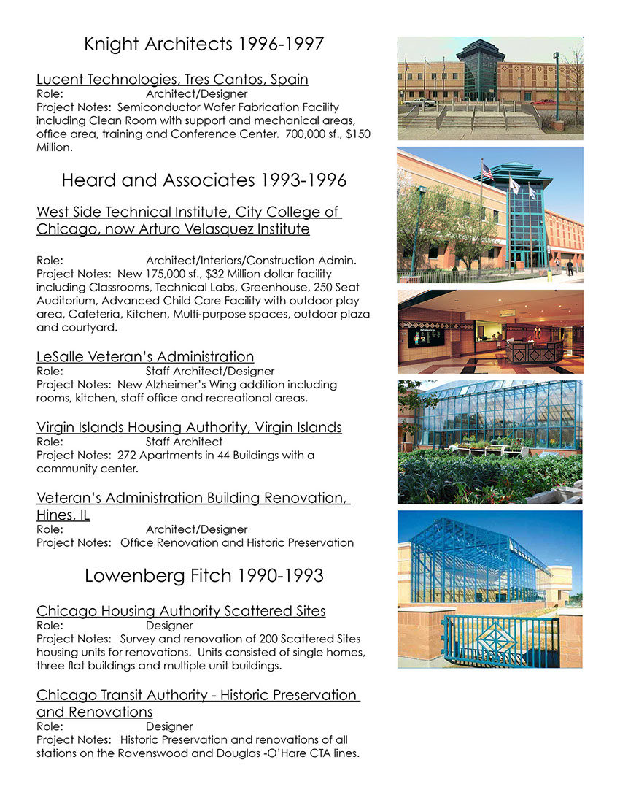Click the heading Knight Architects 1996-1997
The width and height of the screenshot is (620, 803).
pos(204,44)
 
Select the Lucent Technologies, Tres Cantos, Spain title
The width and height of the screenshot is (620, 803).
pos(172,79)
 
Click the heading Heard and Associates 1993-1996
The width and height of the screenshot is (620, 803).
pos(204,180)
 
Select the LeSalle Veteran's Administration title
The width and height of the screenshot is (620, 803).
pos(145,357)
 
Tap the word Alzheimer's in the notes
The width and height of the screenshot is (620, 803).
pos(204,384)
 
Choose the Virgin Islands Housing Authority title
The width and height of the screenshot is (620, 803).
pos(189,427)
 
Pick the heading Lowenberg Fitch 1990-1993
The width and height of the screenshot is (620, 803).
pos(204,575)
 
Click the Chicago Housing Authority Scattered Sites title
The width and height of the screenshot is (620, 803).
pos(181,610)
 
